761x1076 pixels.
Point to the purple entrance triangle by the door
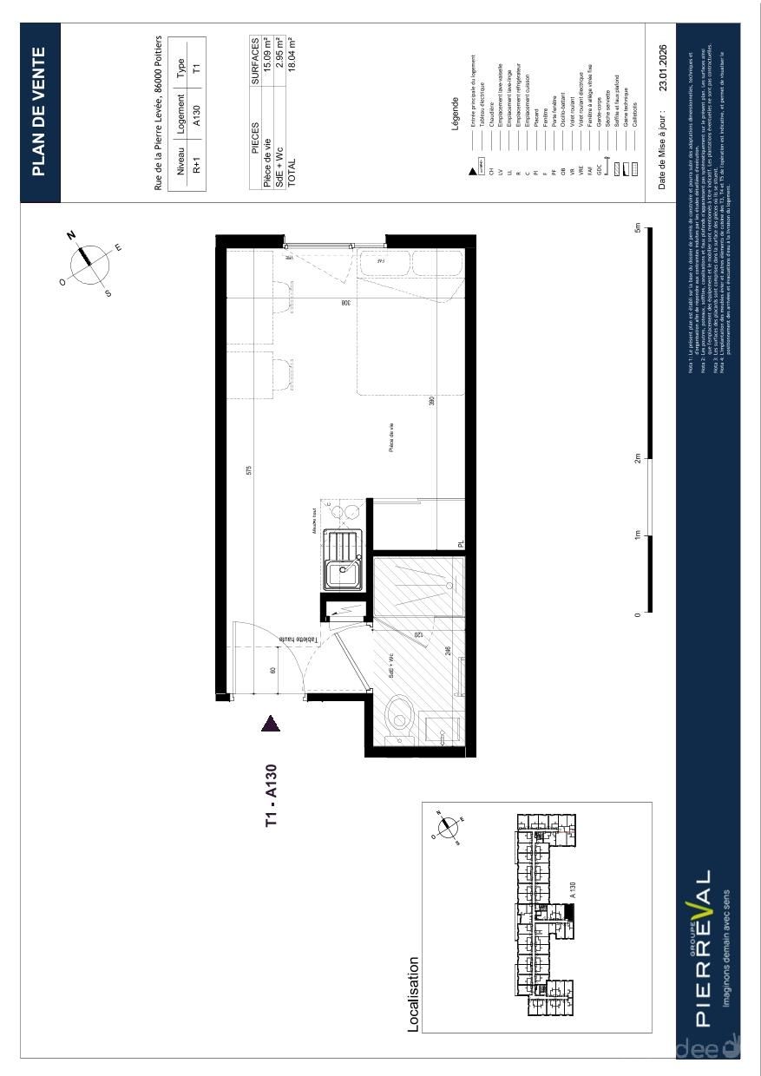tap(271, 724)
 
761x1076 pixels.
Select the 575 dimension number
tap(249, 470)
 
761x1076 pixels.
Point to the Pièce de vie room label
tap(391, 436)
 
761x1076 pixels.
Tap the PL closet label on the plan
tap(462, 544)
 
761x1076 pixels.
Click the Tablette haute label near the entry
tap(298, 638)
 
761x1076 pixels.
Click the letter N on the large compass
tap(72, 235)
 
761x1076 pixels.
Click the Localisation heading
tap(414, 994)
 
